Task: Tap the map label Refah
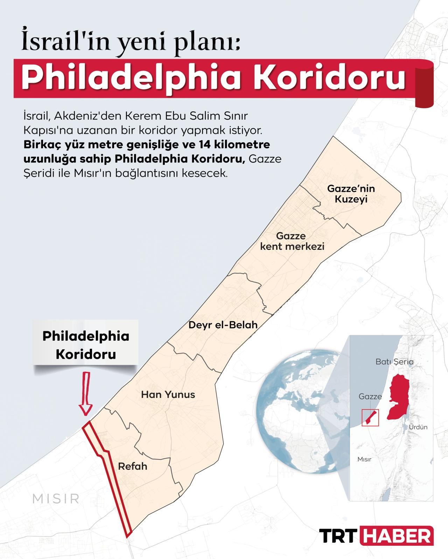[133, 466]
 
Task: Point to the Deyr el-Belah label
[223, 325]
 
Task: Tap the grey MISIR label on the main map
[56, 499]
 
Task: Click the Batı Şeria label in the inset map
[394, 362]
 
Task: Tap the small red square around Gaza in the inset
[370, 417]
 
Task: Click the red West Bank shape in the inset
[399, 397]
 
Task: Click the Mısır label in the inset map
[364, 459]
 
